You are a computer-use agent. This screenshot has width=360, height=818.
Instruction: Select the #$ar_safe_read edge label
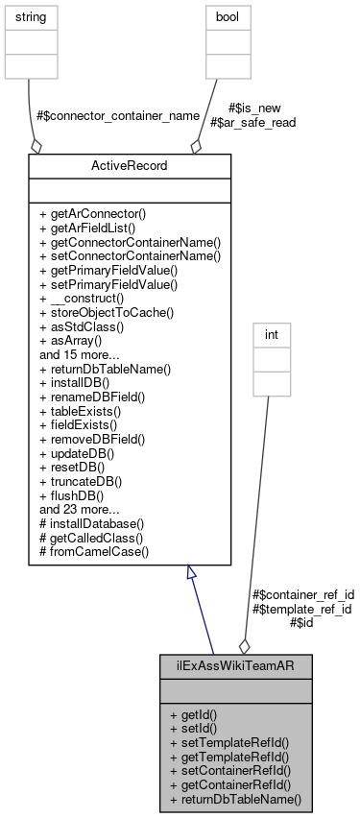tap(253, 122)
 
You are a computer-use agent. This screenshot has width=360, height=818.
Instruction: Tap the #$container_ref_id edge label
tap(301, 595)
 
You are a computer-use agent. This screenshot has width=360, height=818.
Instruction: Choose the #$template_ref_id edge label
tap(301, 609)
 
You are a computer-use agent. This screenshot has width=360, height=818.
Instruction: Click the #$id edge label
tap(301, 622)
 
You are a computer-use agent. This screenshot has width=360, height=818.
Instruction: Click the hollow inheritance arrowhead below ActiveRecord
tap(192, 575)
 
